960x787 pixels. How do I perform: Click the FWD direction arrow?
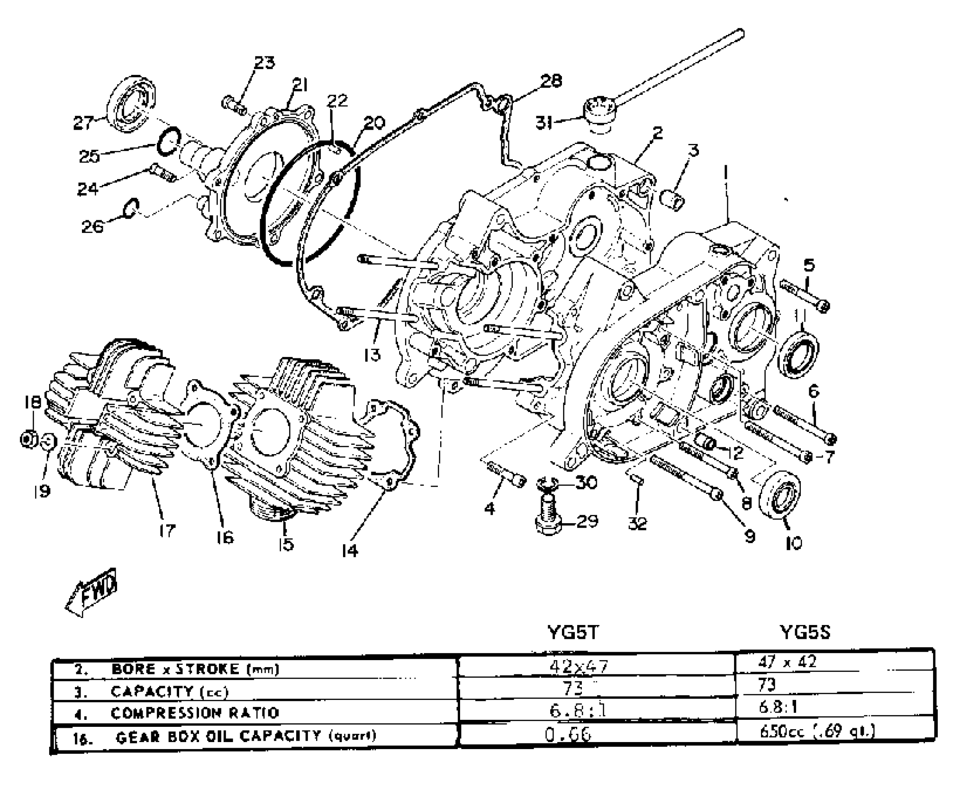91,593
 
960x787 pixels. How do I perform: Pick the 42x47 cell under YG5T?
578,667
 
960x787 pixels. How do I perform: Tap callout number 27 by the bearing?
83,123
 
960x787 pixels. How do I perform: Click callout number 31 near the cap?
545,123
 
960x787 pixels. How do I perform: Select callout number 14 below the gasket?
349,550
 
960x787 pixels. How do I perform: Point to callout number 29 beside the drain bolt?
588,522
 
